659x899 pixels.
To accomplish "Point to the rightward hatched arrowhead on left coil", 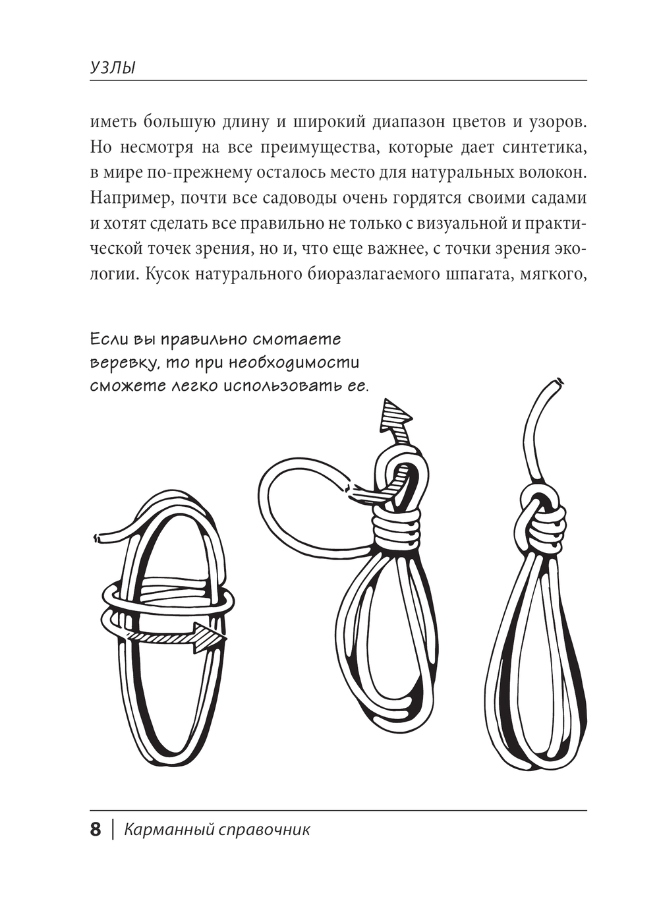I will pyautogui.click(x=210, y=637).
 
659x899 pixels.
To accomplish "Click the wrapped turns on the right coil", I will pyautogui.click(x=546, y=527).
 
